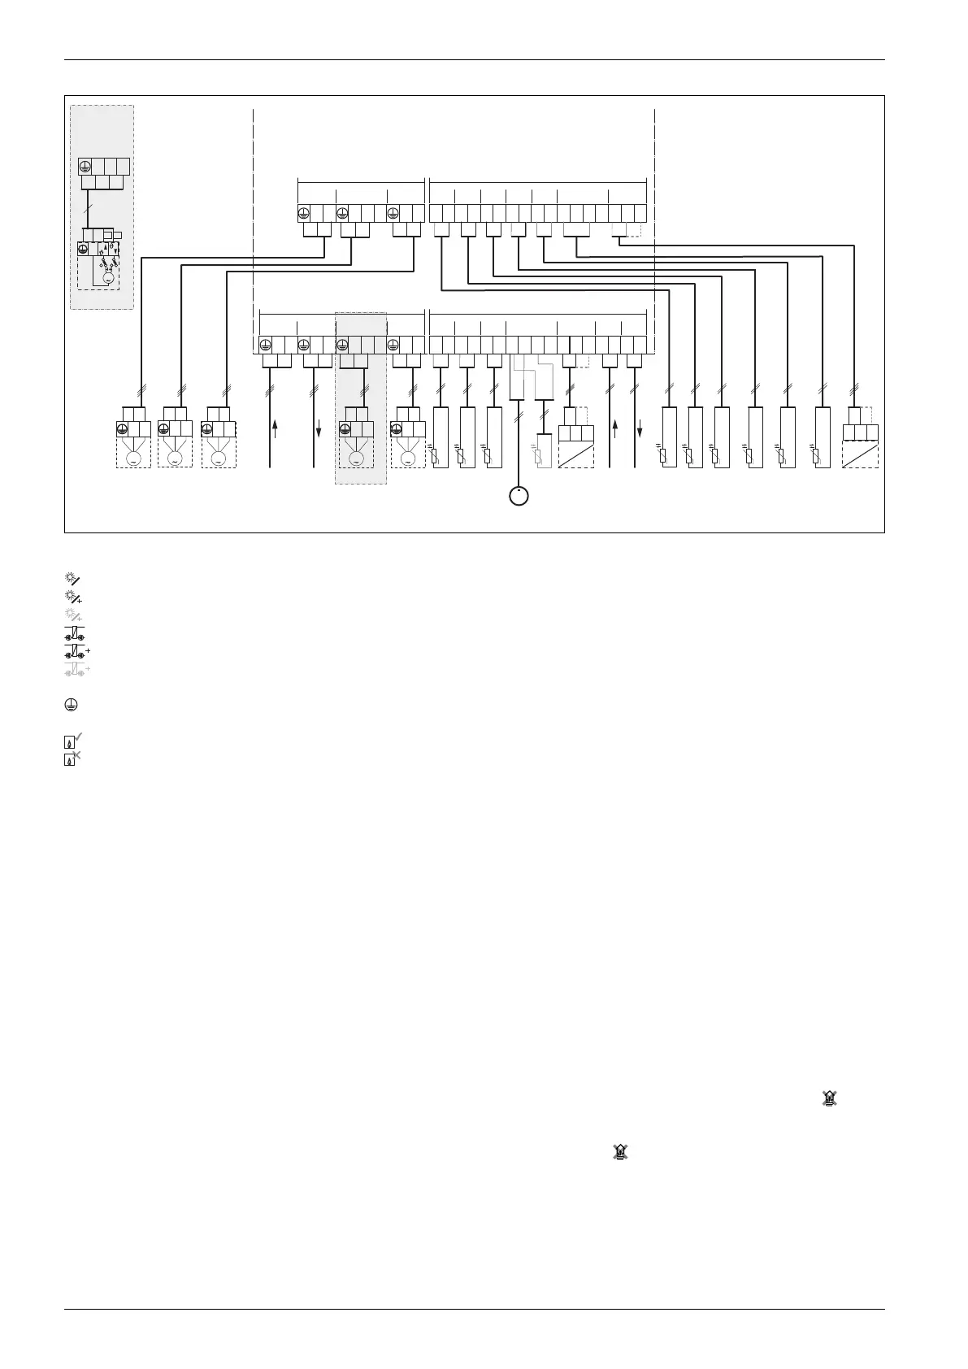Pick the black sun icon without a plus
[x=72, y=578]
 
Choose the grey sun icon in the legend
[x=72, y=615]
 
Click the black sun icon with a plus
[x=72, y=597]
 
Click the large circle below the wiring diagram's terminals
[x=519, y=495]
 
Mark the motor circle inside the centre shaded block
[x=356, y=459]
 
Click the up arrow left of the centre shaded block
[x=276, y=428]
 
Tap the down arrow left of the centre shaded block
[x=318, y=428]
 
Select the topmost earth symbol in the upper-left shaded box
[x=85, y=167]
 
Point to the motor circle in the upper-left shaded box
[x=108, y=278]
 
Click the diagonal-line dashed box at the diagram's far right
[x=861, y=453]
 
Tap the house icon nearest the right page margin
[x=829, y=1100]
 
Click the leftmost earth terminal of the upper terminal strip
[x=303, y=214]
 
